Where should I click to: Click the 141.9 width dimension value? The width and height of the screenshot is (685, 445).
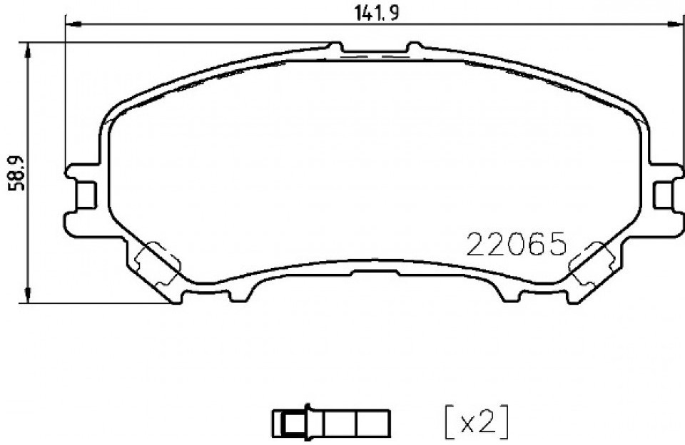click(x=376, y=13)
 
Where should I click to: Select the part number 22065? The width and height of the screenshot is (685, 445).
click(x=517, y=244)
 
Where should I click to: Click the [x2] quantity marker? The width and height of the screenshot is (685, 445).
click(x=477, y=422)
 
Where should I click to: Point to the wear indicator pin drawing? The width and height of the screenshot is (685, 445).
click(x=330, y=422)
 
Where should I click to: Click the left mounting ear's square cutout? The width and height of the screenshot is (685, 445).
click(x=86, y=195)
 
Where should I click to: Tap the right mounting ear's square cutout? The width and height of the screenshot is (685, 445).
click(x=664, y=195)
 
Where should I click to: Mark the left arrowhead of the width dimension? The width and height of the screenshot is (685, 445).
click(x=73, y=25)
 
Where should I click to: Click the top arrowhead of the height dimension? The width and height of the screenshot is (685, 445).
click(x=28, y=51)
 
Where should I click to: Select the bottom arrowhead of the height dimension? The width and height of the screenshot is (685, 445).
click(x=28, y=295)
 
